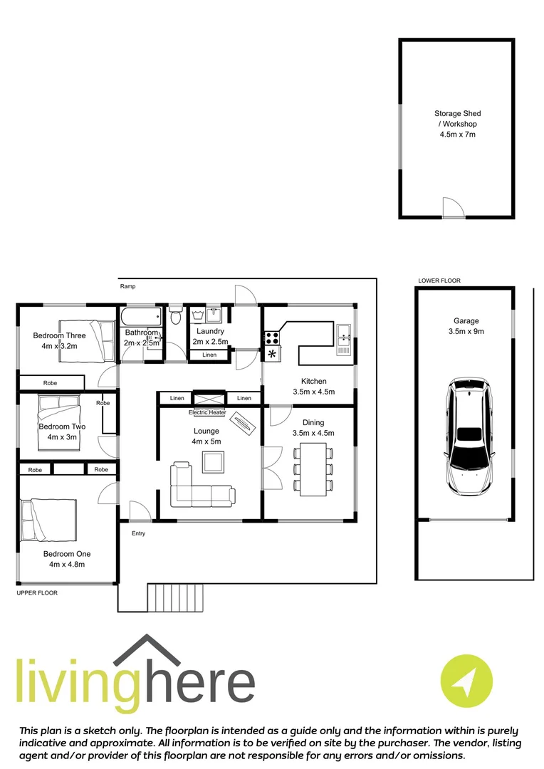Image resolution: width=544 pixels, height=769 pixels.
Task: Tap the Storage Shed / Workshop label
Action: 457,123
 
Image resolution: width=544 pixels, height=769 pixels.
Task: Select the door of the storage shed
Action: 453,207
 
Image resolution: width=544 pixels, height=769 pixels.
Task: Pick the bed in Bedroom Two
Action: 63,414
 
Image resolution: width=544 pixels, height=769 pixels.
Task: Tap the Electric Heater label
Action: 207,412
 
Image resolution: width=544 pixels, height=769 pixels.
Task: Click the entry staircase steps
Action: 175,597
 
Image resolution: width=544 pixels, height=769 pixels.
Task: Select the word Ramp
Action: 127,286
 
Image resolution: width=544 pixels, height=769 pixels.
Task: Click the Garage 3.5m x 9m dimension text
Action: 467,330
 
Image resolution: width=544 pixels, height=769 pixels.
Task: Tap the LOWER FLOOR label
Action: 439,281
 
